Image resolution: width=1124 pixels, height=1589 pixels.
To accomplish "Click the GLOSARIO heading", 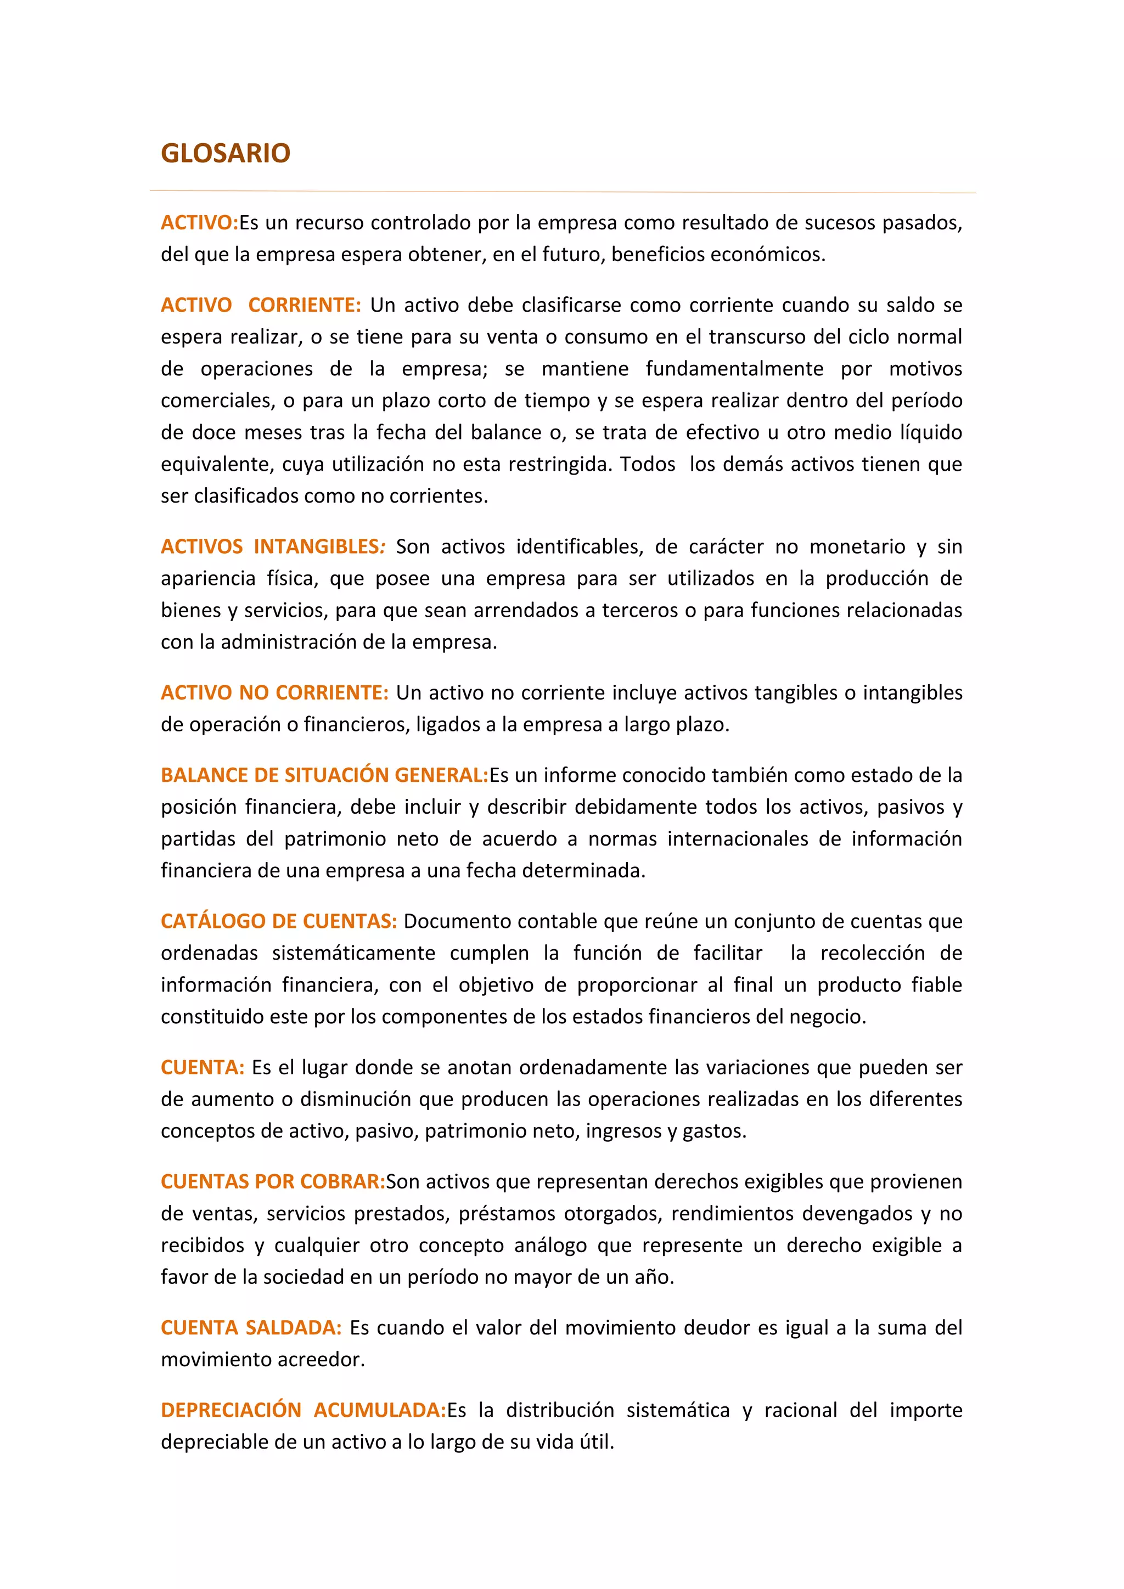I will pyautogui.click(x=225, y=153).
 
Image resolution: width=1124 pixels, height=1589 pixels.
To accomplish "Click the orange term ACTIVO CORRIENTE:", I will pyautogui.click(x=260, y=305).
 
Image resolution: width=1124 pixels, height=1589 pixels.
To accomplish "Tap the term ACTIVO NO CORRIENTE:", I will pyautogui.click(x=274, y=693).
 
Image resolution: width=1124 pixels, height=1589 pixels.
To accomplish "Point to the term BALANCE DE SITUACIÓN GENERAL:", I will pyautogui.click(x=324, y=775).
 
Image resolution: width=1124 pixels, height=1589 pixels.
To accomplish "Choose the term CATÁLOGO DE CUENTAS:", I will pyautogui.click(x=278, y=921).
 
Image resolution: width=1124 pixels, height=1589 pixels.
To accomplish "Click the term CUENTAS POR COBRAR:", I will pyautogui.click(x=273, y=1181).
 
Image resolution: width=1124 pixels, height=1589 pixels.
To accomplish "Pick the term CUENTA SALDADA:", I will pyautogui.click(x=251, y=1327).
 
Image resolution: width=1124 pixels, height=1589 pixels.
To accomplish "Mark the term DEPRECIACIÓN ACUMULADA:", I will pyautogui.click(x=303, y=1410).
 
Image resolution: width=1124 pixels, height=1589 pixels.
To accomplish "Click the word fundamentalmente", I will pyautogui.click(x=734, y=369).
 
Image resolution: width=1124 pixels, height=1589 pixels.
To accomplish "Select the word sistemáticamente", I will pyautogui.click(x=353, y=953).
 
